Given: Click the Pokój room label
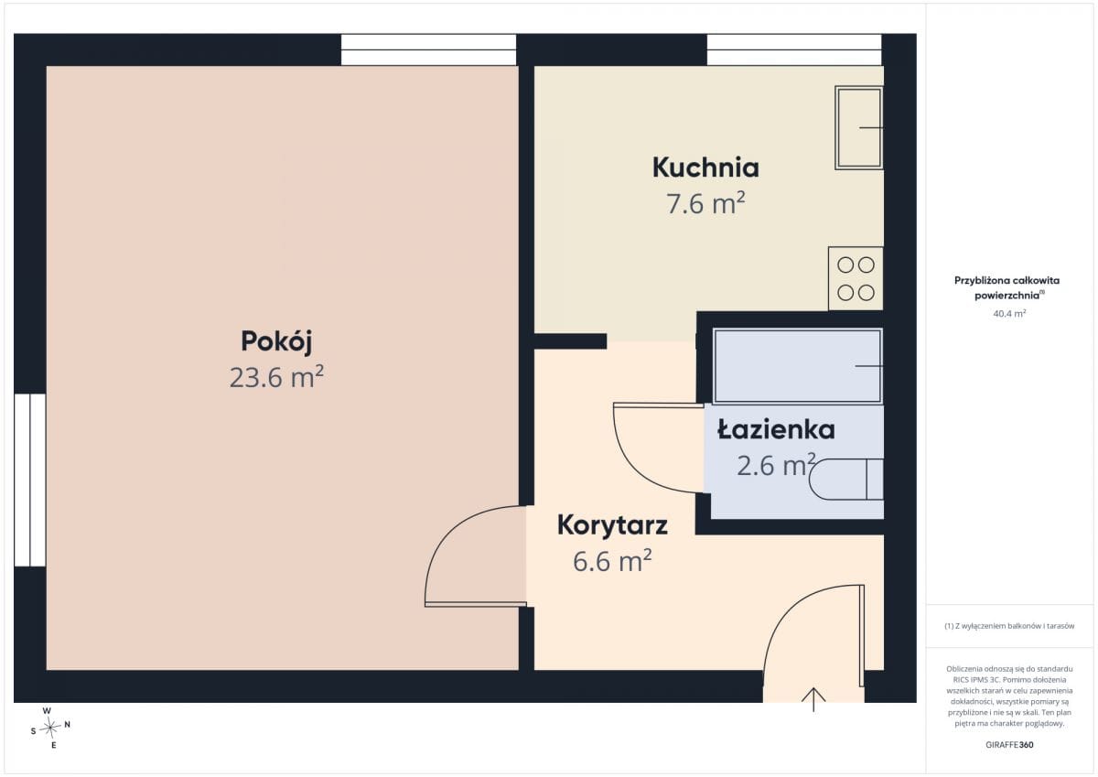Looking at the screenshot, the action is (276, 341).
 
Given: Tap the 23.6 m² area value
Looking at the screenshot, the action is (276, 376).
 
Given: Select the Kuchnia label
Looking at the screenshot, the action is (705, 167).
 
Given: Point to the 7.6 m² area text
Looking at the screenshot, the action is (705, 203).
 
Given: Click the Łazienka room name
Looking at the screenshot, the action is (776, 429).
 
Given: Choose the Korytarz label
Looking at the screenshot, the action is (612, 525).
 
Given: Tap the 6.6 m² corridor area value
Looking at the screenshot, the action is (612, 561).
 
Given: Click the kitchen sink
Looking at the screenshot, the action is (859, 128).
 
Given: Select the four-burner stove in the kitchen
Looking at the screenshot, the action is (856, 278).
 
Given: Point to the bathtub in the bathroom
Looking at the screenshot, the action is (798, 366).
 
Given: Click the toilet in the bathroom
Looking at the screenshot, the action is (846, 480).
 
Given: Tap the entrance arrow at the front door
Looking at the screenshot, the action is (813, 699).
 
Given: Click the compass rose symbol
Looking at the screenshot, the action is (50, 728).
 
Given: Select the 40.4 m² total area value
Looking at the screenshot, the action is (1009, 313).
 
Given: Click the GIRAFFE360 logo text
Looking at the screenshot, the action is (1009, 745).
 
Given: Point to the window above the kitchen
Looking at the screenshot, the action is (794, 49).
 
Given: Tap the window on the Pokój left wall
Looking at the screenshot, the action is (30, 480).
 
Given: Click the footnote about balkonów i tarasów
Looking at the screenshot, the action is (1009, 626).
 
